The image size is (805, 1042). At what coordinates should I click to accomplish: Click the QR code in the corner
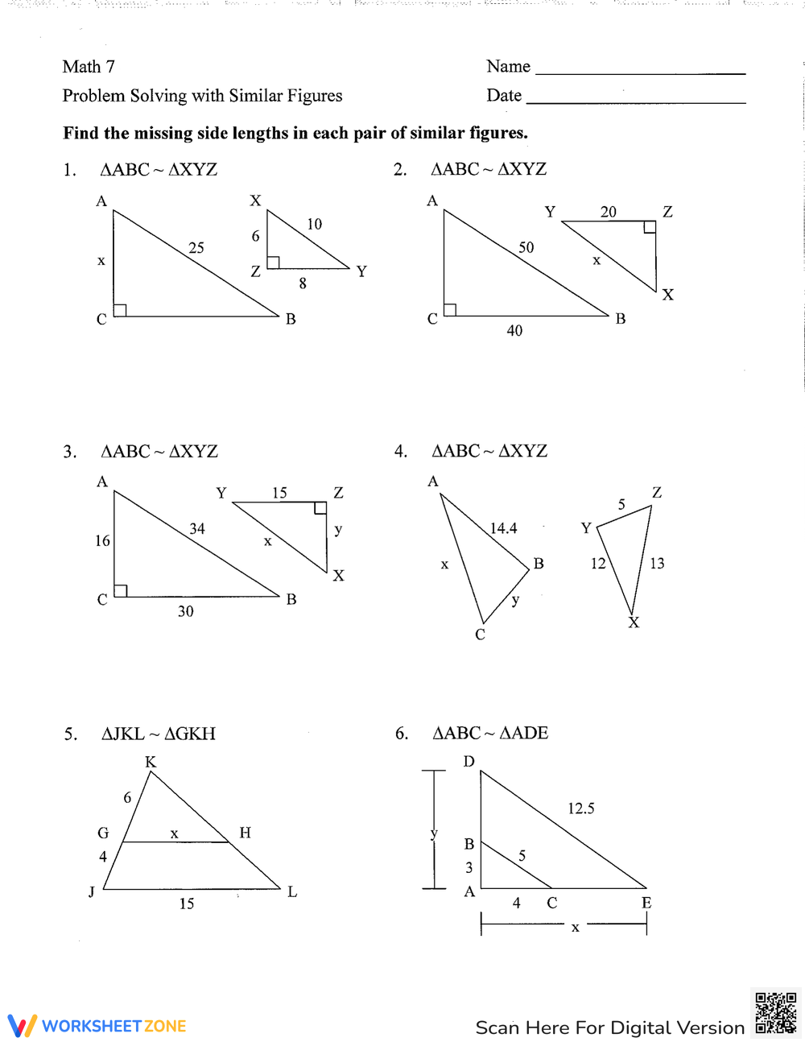[776, 1013]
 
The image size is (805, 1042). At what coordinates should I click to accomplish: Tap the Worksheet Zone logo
[97, 1026]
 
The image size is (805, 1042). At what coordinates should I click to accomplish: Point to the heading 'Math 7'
[89, 67]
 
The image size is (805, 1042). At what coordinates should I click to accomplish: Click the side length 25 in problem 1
[196, 248]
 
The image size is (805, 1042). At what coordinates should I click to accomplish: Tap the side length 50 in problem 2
[526, 247]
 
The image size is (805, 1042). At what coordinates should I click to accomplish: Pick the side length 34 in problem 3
[197, 528]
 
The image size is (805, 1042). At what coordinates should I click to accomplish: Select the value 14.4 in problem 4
[504, 528]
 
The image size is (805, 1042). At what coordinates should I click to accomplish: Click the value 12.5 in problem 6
[580, 808]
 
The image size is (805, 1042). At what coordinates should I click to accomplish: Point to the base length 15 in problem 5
[187, 903]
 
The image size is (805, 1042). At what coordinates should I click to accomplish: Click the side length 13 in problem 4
[657, 564]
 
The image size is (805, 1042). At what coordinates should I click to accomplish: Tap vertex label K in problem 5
[151, 762]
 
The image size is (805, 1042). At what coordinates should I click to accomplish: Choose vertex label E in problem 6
[646, 903]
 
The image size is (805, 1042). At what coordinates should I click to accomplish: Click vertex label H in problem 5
[245, 833]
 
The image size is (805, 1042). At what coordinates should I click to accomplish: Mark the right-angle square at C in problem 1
[120, 310]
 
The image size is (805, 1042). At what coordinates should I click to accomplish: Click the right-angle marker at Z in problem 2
[650, 227]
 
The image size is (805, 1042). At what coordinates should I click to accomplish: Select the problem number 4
[400, 452]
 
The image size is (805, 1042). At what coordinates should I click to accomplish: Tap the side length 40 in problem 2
[514, 330]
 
